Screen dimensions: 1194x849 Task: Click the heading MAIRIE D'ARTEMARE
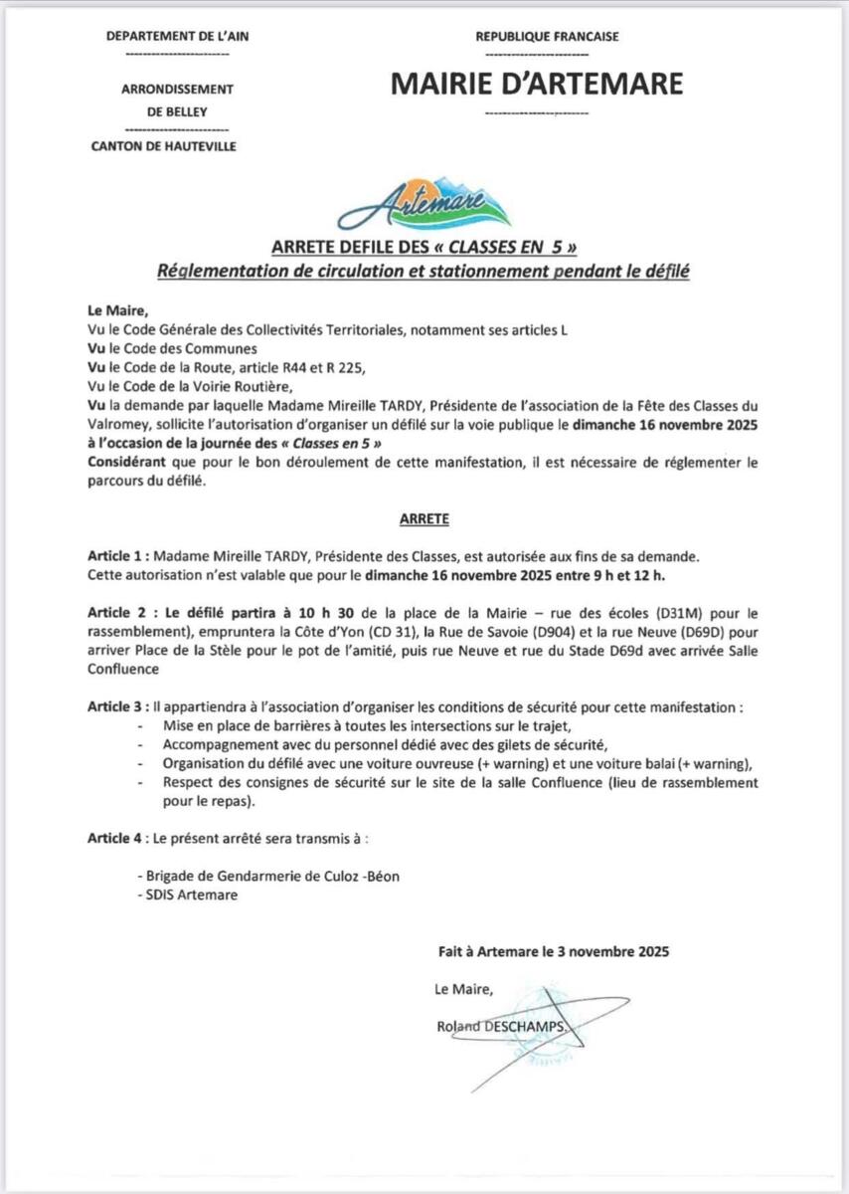point(537,84)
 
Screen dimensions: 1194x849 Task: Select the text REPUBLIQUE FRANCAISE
point(547,37)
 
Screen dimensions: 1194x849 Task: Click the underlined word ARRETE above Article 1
point(424,519)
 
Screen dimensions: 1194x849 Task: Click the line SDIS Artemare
point(189,894)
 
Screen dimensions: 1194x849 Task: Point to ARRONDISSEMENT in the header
point(177,90)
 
